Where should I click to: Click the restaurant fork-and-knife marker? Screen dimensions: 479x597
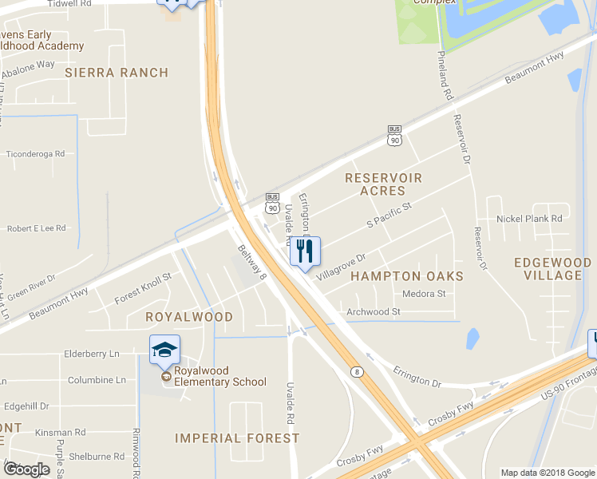[x=304, y=252]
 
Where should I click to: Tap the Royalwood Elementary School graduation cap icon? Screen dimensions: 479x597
[x=164, y=350]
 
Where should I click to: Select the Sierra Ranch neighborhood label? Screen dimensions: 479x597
[x=117, y=73]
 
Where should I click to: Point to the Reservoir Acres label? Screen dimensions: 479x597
[x=382, y=184]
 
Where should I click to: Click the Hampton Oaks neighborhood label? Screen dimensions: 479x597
[x=407, y=276]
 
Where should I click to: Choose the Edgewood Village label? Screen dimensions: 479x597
[x=553, y=269]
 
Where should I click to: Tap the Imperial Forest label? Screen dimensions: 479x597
[x=237, y=438]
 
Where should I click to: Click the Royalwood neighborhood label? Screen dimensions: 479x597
[x=189, y=317]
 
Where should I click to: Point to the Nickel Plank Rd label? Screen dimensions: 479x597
[x=529, y=218]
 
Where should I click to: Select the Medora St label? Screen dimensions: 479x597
[x=424, y=294]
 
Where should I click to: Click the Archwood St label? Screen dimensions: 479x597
[x=373, y=311]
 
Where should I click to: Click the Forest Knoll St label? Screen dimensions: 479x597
[x=143, y=289]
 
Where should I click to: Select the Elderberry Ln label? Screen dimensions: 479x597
[x=91, y=353]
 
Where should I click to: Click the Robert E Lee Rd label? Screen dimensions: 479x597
[x=36, y=228]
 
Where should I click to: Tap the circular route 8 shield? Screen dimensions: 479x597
[x=356, y=372]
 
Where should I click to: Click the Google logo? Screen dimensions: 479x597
[x=26, y=469]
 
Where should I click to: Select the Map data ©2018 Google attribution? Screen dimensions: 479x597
[x=547, y=473]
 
